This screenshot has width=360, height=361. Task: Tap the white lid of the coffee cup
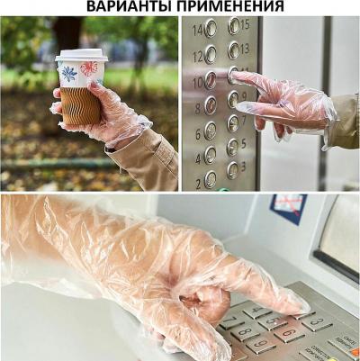[81, 57]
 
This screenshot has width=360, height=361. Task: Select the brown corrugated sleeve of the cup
[81, 106]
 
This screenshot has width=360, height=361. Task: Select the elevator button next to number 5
[233, 145]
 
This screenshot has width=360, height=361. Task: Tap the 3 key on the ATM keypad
[316, 322]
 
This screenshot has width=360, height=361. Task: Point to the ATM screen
[341, 239]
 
